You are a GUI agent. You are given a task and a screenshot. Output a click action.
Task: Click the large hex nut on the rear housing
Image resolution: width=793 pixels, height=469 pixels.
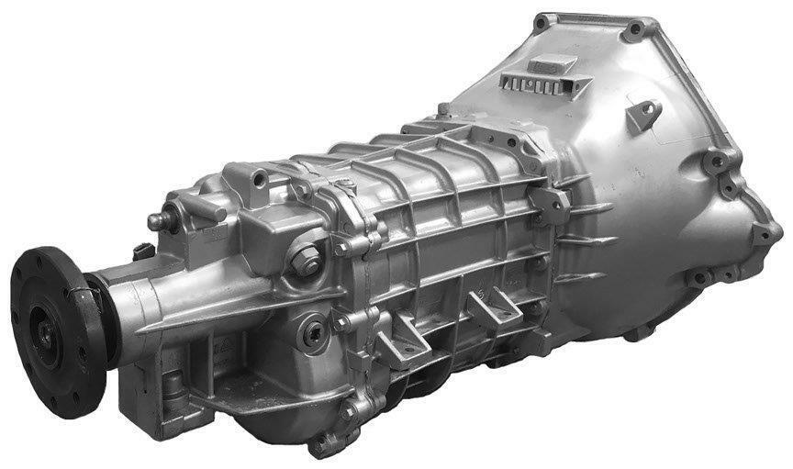pos(305,261)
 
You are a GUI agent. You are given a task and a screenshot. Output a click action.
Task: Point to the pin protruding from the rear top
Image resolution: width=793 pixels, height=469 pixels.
pos(158,221)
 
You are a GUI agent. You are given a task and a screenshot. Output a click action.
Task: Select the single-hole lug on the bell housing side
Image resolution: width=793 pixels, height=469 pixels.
pos(647,112)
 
